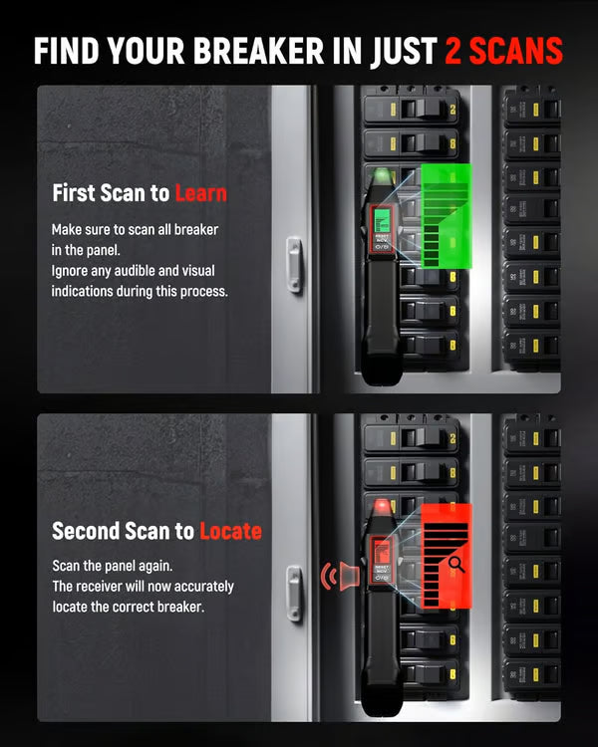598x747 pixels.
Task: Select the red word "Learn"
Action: (200, 192)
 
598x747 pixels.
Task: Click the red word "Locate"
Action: (230, 530)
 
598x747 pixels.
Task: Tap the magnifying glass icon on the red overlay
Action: (456, 565)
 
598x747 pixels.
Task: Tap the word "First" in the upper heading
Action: (75, 192)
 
